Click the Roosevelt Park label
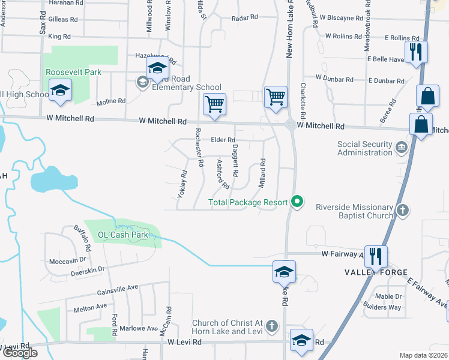pyautogui.click(x=74, y=73)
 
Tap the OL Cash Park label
pyautogui.click(x=124, y=235)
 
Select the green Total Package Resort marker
pyautogui.click(x=296, y=202)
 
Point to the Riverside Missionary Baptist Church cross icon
pyautogui.click(x=403, y=210)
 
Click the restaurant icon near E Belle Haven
pyautogui.click(x=415, y=52)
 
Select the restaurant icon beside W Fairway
pyautogui.click(x=376, y=256)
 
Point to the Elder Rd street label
pyautogui.click(x=223, y=140)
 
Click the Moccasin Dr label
pyautogui.click(x=68, y=261)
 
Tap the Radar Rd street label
pyautogui.click(x=244, y=19)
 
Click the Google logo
pyautogui.click(x=20, y=353)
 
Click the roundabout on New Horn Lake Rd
pyautogui.click(x=291, y=125)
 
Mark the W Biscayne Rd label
pyautogui.click(x=346, y=18)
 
